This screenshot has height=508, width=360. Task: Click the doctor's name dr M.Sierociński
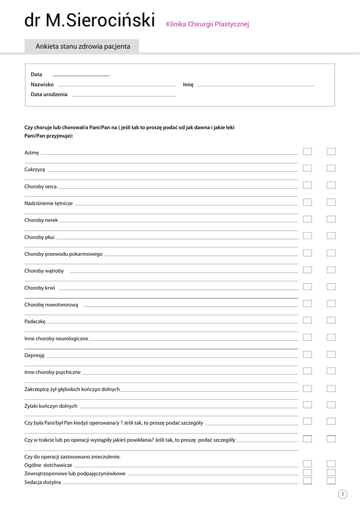point(89,21)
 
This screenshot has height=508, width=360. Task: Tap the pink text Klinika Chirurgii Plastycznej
point(208,24)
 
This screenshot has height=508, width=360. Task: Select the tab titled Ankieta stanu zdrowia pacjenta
point(82,47)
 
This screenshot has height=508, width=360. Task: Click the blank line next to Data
point(80,75)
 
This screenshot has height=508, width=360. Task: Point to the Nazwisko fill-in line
point(117,85)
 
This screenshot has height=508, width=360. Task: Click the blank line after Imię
point(256,85)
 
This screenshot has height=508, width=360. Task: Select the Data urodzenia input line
point(124,95)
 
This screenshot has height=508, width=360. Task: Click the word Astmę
point(32,153)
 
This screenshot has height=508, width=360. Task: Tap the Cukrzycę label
point(35,170)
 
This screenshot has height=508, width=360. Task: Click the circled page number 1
point(343,494)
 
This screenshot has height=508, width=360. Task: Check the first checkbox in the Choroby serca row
point(307,185)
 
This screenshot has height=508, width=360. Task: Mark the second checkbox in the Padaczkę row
point(331,320)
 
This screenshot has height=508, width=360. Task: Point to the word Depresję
point(35,355)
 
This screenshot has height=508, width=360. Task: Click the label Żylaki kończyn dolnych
point(51,406)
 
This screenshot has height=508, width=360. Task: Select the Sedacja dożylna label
point(43,482)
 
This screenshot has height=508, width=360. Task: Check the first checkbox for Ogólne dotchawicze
point(307,464)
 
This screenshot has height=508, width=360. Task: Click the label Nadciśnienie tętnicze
point(49,203)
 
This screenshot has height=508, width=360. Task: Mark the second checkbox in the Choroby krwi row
point(331,286)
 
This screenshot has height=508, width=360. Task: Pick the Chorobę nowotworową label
point(51,305)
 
